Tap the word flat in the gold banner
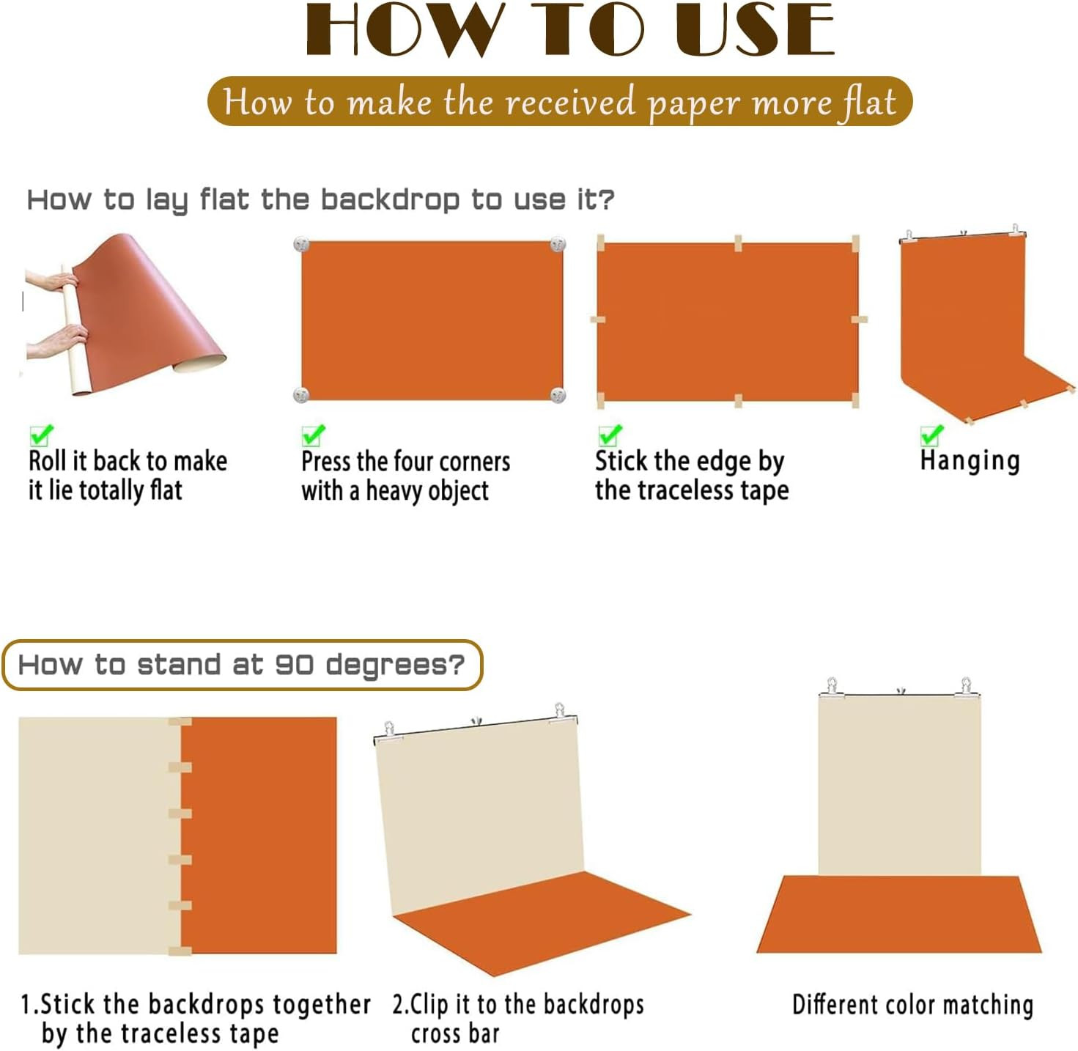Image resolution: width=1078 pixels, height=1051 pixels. (865, 103)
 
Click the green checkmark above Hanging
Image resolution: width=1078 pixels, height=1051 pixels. (931, 435)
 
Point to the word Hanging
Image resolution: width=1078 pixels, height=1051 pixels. (970, 460)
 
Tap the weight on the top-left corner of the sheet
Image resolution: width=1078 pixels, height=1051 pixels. (300, 244)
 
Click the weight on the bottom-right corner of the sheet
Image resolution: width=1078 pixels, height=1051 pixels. (557, 394)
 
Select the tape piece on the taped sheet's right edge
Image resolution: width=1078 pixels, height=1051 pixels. (859, 319)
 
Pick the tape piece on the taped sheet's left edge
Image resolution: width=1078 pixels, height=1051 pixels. (598, 319)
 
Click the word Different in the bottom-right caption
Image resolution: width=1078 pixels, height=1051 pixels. (835, 1004)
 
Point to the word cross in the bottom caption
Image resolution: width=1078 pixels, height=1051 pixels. (436, 1034)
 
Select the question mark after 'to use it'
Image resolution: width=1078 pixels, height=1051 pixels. (607, 199)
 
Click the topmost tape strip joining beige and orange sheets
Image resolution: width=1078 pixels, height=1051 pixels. (180, 721)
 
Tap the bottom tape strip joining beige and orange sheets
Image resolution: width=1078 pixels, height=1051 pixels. (180, 951)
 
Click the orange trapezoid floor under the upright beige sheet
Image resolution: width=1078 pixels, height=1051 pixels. (898, 914)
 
